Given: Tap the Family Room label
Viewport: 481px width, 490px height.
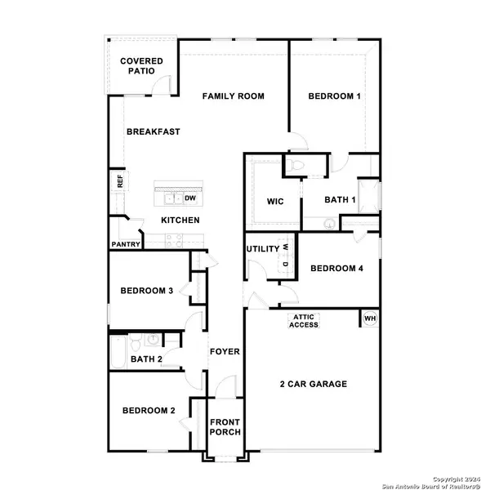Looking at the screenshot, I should click(x=234, y=96).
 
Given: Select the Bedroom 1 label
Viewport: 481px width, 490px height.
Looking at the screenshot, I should click(x=335, y=96).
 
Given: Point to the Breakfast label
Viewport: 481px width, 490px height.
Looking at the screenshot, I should click(x=153, y=131).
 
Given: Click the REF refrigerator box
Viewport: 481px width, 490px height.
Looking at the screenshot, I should click(x=119, y=181).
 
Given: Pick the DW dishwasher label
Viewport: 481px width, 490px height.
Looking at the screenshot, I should click(x=190, y=198).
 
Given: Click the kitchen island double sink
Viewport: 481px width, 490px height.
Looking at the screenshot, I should click(x=172, y=198).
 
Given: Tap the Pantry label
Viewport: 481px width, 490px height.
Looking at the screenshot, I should click(x=126, y=244).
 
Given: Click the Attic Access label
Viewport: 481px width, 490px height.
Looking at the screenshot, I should click(x=304, y=320).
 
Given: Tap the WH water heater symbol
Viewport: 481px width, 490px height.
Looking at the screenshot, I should click(x=369, y=318).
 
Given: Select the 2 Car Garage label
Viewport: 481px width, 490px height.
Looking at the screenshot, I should click(x=314, y=384).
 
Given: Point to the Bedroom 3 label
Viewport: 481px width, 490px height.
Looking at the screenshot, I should click(x=146, y=292).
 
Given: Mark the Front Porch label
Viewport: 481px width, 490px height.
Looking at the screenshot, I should click(x=225, y=429).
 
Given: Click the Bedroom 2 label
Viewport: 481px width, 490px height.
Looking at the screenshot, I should click(x=149, y=411).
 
